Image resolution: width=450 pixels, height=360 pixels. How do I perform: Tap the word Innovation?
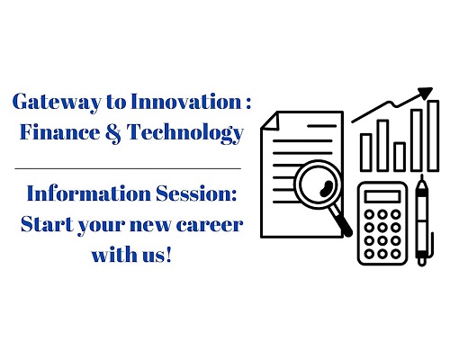tap(186, 101)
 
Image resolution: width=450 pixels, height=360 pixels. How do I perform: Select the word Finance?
tap(60, 132)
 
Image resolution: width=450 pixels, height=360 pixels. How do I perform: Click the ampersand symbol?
tap(113, 132)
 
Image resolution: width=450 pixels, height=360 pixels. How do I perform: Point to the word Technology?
tap(185, 133)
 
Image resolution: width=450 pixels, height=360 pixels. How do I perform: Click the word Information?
tap(89, 193)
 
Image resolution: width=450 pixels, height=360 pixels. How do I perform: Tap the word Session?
tap(196, 193)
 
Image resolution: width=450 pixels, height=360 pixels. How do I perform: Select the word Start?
tap(47, 224)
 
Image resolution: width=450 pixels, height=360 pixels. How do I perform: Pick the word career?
tap(210, 226)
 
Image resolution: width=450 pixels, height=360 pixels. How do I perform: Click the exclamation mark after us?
tap(168, 255)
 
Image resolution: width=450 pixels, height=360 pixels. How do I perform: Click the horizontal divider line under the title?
tap(128, 168)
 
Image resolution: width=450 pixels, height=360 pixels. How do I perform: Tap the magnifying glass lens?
tap(319, 184)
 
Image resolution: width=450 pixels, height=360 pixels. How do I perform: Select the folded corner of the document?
tap(270, 121)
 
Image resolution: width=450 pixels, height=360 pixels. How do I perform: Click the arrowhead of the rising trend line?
tap(426, 93)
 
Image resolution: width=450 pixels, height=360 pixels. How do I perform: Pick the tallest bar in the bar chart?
tap(434, 136)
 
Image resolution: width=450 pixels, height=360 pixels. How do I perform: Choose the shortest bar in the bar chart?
tap(400, 157)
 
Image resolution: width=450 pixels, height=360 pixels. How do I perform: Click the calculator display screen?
tap(382, 196)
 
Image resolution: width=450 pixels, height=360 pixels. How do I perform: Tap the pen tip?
tap(422, 179)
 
